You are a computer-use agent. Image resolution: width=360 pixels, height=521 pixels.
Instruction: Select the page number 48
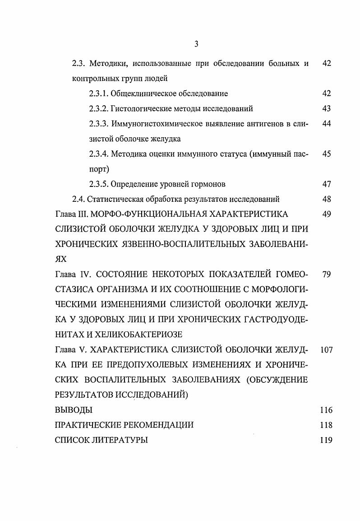pyautogui.click(x=327, y=199)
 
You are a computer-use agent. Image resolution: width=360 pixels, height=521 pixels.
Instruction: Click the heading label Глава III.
pyautogui.click(x=71, y=214)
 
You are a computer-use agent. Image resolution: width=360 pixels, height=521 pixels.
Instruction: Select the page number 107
pyautogui.click(x=326, y=350)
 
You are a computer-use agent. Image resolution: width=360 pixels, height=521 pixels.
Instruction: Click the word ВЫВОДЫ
pyautogui.click(x=74, y=410)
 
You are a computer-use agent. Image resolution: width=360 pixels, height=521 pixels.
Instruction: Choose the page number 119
pyautogui.click(x=326, y=440)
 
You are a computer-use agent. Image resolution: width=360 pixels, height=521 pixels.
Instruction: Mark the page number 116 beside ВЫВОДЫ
pyautogui.click(x=326, y=410)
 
